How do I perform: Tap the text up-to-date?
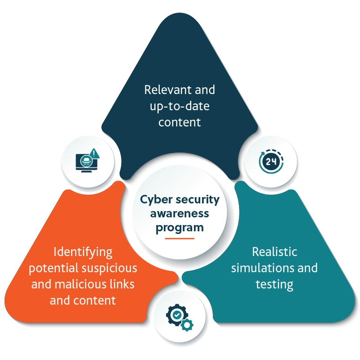click(180, 106)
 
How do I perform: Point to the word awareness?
click(180, 213)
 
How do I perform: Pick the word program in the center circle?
click(180, 228)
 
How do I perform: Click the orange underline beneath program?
click(180, 238)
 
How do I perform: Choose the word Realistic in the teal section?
click(274, 251)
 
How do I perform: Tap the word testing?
click(274, 284)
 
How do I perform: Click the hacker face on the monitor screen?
click(85, 160)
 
